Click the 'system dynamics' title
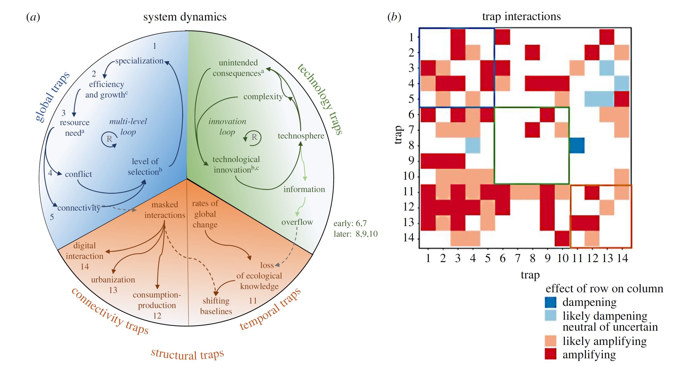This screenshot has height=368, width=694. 185,17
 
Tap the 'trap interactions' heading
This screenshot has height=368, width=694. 521,16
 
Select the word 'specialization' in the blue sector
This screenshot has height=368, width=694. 139,61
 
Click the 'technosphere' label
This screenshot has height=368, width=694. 301,136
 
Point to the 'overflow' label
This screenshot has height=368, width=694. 297,222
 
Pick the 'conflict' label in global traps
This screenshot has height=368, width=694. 78,174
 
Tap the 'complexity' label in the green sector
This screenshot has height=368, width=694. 263,97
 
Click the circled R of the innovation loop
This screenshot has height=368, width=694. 254,137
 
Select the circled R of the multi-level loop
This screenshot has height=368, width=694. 109,139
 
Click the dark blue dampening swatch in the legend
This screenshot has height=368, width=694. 550,302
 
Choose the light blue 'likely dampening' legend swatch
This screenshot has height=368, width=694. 550,315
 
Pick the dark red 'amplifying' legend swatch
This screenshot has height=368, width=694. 550,354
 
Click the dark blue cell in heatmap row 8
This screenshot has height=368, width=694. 577,146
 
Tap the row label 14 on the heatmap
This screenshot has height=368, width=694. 408,238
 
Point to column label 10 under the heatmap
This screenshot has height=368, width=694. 562,258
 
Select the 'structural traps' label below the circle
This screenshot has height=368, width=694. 187,354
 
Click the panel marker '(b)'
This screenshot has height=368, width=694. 394,17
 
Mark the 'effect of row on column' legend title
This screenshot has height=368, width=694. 604,289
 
